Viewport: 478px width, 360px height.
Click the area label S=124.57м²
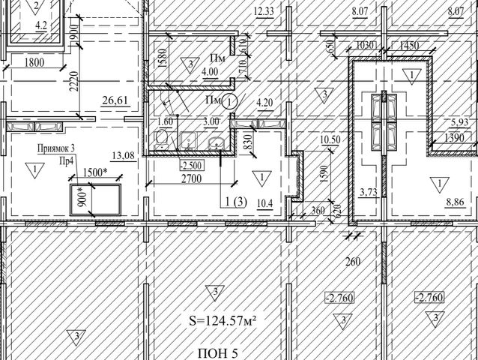[223, 321]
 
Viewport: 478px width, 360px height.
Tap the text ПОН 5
[218, 353]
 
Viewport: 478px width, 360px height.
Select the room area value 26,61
[115, 100]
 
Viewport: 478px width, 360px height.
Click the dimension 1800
[34, 62]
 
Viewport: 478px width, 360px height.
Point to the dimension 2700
[192, 178]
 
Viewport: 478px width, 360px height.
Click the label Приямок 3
[55, 148]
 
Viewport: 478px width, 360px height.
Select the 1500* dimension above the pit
[95, 172]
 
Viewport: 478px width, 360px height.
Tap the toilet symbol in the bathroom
[161, 140]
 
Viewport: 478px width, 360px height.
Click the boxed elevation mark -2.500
[191, 166]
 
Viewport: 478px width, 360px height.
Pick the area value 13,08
[124, 155]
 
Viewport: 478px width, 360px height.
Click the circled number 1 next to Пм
[230, 101]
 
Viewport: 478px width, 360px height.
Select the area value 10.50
[330, 139]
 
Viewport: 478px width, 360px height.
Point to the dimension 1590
[325, 174]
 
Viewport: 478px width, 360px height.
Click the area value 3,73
[369, 192]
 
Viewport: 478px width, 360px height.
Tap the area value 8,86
[455, 202]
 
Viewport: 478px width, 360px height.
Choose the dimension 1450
[409, 46]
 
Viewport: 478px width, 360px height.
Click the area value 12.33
[264, 11]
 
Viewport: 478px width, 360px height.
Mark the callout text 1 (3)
[236, 202]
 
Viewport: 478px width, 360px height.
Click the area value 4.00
[210, 72]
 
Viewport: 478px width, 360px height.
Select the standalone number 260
[353, 262]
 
